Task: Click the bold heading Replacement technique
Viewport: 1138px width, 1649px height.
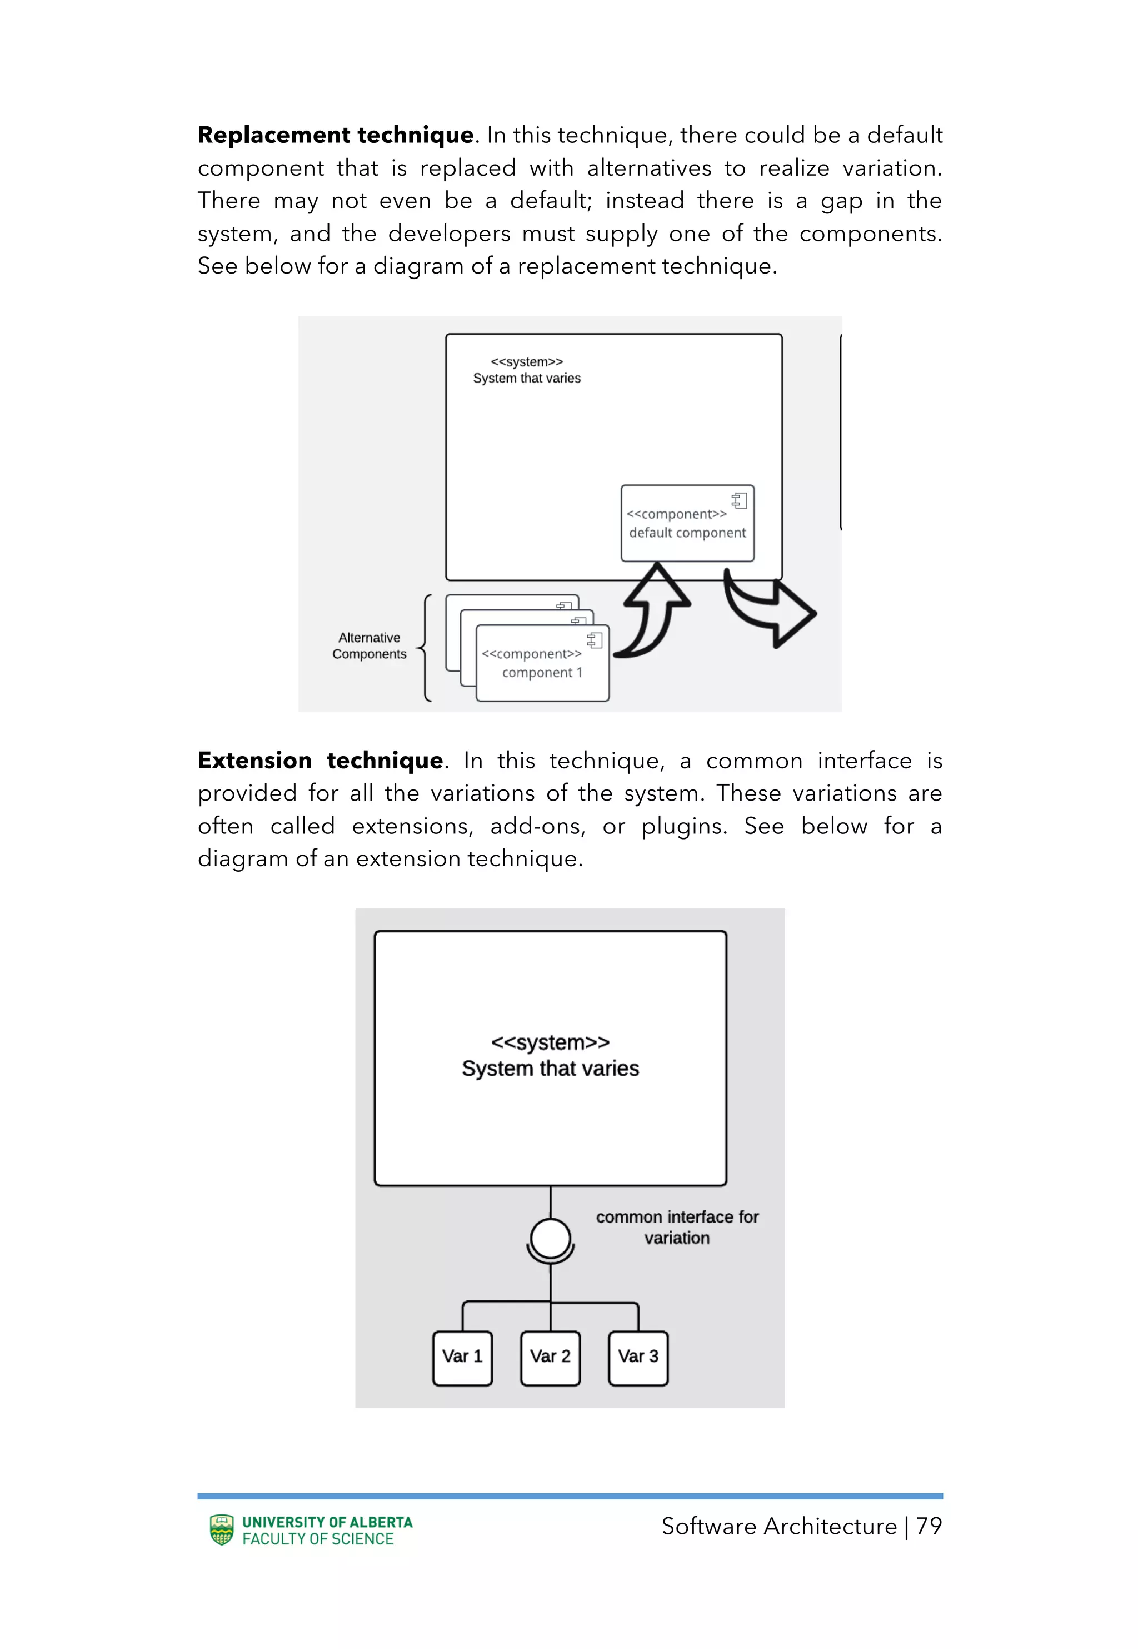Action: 335,135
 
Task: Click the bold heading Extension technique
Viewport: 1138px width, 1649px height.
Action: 320,761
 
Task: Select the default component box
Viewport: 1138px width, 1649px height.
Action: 687,524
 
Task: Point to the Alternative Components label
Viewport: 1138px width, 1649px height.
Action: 370,646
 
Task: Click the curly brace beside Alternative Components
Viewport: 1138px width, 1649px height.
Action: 425,648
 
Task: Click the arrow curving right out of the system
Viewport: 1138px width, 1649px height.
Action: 770,610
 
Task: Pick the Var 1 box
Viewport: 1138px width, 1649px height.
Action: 462,1357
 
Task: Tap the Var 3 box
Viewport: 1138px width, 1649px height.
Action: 638,1357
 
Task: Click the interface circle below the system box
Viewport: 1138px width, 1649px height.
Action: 551,1238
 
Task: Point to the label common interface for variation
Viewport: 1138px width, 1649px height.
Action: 677,1228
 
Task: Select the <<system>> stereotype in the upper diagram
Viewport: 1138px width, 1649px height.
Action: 526,361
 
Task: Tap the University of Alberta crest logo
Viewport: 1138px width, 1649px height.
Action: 222,1530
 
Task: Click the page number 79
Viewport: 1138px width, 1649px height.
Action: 929,1526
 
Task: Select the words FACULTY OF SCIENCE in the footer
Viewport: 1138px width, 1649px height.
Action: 318,1539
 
